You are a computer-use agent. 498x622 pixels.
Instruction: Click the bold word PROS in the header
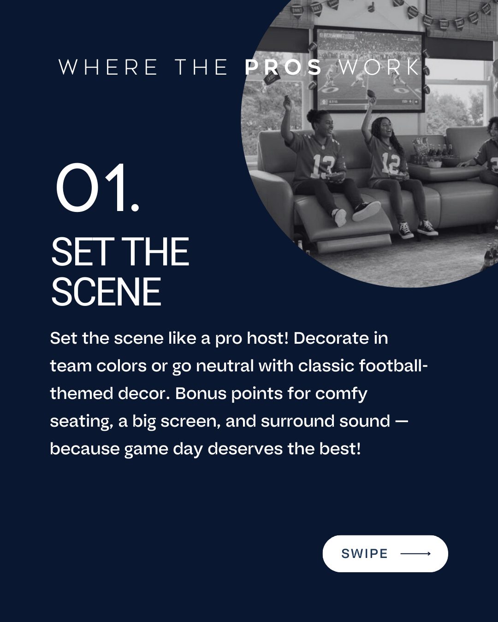click(x=283, y=67)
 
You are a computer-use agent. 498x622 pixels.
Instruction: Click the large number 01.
click(x=97, y=188)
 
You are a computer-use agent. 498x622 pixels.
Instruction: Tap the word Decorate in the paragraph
click(x=331, y=338)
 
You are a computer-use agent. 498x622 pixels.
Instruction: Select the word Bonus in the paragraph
click(x=201, y=393)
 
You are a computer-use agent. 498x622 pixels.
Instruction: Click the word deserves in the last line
click(x=245, y=449)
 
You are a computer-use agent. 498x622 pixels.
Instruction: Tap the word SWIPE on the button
click(x=365, y=554)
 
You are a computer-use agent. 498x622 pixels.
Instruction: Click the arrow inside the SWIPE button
click(x=415, y=554)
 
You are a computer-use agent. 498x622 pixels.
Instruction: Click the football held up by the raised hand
click(x=371, y=94)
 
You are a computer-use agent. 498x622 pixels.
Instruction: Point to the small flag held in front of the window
click(x=271, y=78)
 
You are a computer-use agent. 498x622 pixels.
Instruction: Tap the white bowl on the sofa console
click(x=434, y=164)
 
